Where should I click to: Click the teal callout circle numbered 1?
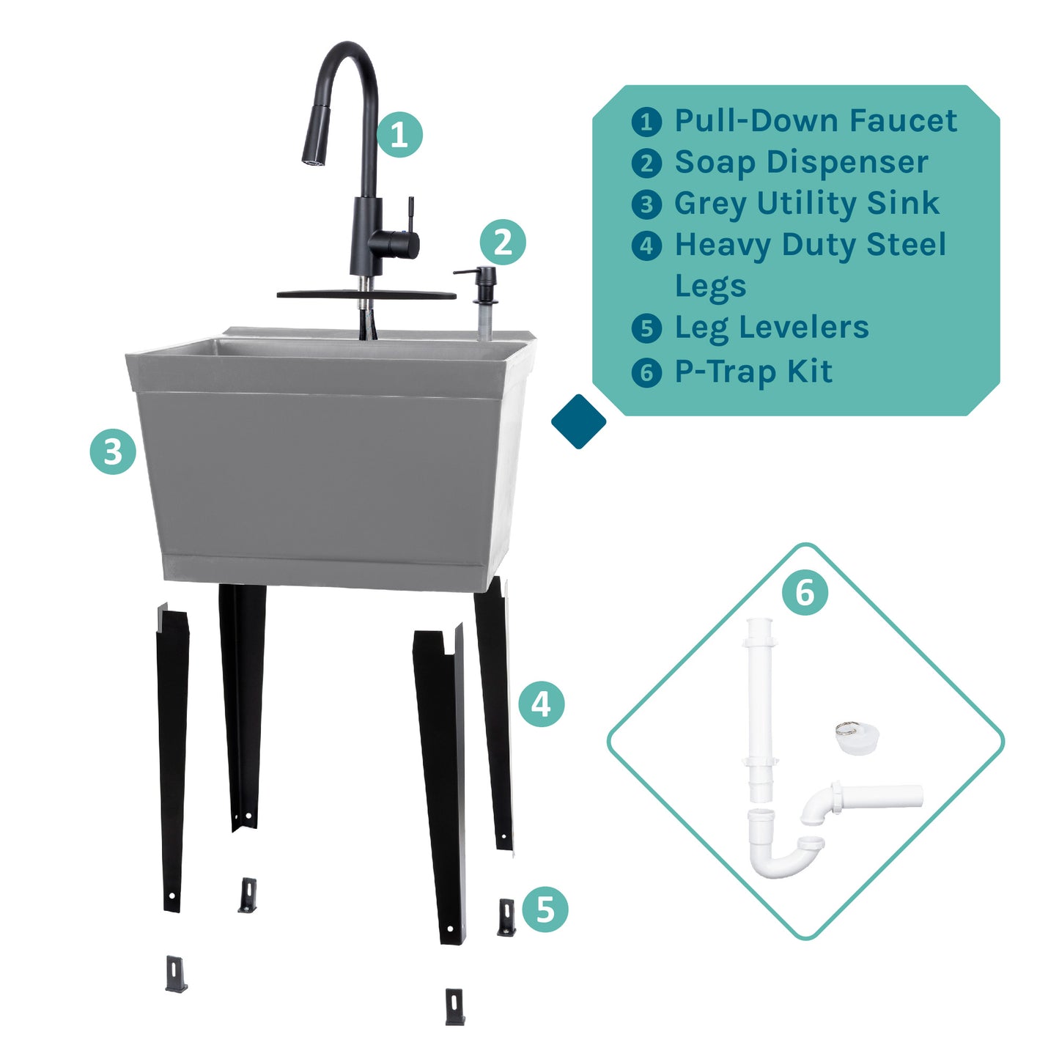click(x=399, y=135)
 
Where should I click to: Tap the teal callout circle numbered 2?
click(x=503, y=243)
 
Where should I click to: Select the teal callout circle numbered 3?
click(x=113, y=451)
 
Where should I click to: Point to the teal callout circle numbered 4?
click(x=541, y=704)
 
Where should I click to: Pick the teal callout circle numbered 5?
click(x=545, y=909)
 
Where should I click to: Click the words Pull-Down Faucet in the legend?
click(x=815, y=121)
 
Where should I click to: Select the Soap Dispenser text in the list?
click(x=801, y=162)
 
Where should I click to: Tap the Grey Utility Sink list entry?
click(x=806, y=203)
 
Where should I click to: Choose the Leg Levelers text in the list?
click(x=771, y=328)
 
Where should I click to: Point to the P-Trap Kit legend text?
click(x=753, y=372)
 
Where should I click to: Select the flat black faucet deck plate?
click(x=366, y=295)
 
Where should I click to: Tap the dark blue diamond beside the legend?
click(x=578, y=421)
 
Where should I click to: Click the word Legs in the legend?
click(x=710, y=286)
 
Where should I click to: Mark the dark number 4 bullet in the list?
click(x=646, y=246)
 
